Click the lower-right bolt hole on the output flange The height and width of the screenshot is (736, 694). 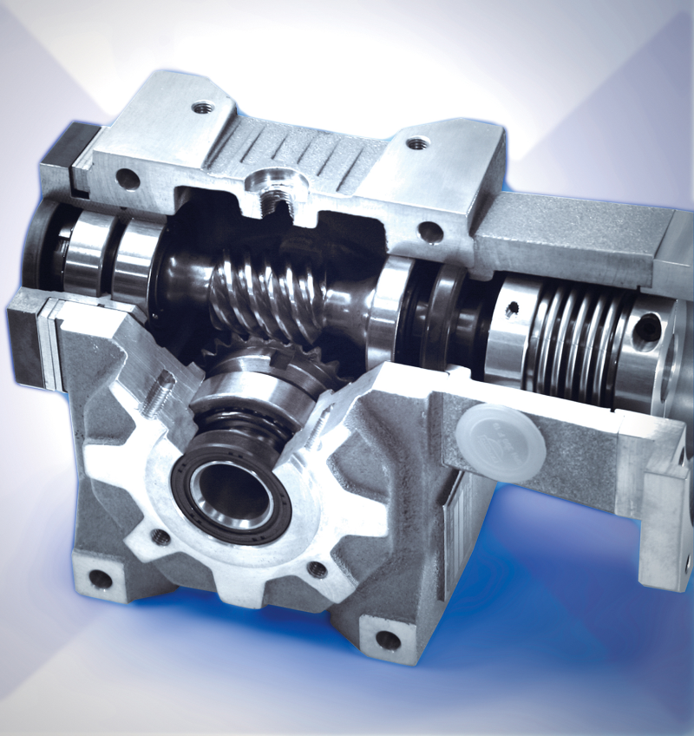click(x=318, y=569)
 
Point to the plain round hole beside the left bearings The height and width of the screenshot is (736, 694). click(x=128, y=180)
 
